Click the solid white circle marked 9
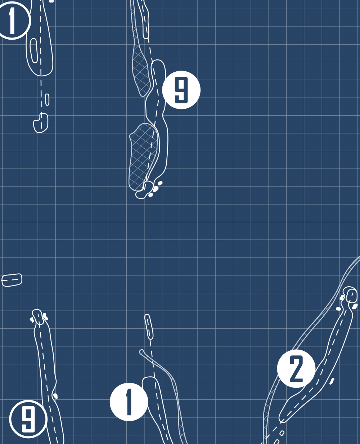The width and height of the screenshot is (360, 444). tap(181, 90)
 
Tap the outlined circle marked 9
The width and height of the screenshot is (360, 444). tap(28, 419)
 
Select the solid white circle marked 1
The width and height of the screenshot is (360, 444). tap(129, 402)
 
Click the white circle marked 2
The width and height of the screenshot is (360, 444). tap(296, 368)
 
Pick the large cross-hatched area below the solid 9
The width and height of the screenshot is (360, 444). tap(144, 156)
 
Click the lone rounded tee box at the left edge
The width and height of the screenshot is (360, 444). tap(12, 280)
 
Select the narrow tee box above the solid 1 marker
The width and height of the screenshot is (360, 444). tap(149, 327)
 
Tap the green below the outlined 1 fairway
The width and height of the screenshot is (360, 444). tap(41, 123)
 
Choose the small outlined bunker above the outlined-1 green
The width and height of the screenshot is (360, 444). tap(47, 100)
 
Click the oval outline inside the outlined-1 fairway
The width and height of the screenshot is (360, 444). tap(34, 51)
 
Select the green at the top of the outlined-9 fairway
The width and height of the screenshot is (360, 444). tap(38, 317)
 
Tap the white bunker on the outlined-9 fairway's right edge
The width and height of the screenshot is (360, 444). tap(55, 396)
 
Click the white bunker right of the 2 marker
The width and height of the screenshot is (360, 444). tap(332, 381)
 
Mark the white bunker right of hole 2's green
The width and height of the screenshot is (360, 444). tap(355, 306)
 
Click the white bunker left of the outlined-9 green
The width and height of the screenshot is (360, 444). tap(32, 320)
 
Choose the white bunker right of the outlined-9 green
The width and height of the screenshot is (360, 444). tap(45, 317)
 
